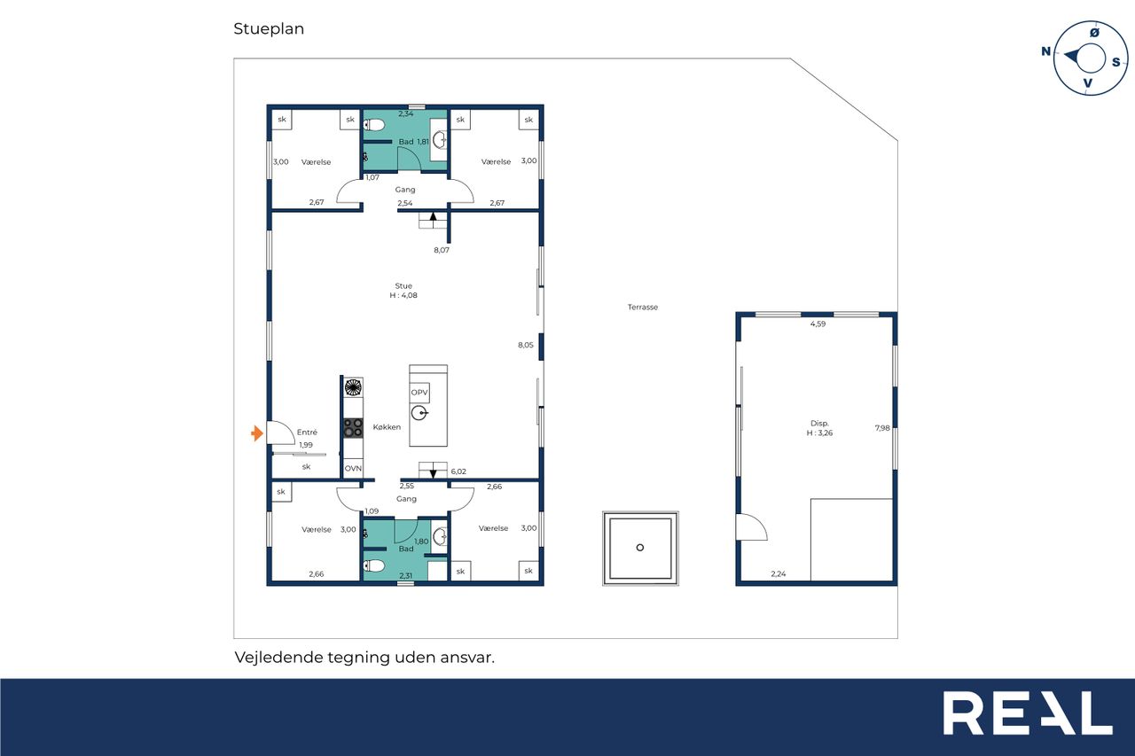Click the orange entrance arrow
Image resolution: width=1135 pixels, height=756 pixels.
point(257,433)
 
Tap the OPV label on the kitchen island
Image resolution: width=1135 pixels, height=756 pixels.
point(419,393)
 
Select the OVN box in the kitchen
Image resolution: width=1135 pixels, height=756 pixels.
point(353,468)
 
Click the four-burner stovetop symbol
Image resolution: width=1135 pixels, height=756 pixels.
point(353,428)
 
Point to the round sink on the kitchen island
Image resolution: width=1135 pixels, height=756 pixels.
point(419,414)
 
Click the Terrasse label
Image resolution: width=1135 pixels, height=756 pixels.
point(643,307)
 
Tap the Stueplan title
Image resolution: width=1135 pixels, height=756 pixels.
point(269,29)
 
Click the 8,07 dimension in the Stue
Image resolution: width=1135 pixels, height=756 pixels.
point(442,250)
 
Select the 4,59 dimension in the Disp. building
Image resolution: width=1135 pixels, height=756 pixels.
point(818,324)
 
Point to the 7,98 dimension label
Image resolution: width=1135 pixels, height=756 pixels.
point(882,428)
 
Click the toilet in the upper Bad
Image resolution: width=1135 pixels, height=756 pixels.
point(374,125)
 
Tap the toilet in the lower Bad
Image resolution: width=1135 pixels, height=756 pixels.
point(374,565)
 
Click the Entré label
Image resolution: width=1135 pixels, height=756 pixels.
point(307,432)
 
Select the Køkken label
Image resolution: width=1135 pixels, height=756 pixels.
point(387,427)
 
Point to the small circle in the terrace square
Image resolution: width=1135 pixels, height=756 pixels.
point(640,548)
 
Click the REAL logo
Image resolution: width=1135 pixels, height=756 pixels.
point(1028,713)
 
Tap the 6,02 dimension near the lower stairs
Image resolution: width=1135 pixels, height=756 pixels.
point(458,472)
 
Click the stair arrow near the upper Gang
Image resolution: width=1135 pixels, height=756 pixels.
point(433,217)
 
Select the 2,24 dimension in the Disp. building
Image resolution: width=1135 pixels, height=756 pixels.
point(779,573)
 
